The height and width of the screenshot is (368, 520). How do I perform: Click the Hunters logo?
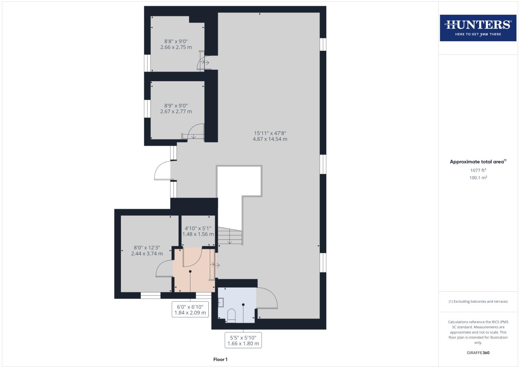pos(478,28)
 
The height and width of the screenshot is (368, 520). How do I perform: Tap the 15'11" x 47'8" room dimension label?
pos(270,136)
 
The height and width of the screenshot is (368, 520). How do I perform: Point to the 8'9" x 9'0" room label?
pos(176,108)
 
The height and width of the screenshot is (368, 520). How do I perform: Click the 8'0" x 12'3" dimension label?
pos(147,250)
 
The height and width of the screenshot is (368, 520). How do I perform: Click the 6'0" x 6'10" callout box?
pos(190,309)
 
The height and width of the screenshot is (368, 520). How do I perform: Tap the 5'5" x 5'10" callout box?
pos(243,340)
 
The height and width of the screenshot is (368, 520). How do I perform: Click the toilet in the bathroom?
pos(231,316)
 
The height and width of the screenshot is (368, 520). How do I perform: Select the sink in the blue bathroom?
pos(221,302)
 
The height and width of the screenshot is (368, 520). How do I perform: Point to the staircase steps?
pos(230,236)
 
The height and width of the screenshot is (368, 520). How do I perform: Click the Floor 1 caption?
pos(220,359)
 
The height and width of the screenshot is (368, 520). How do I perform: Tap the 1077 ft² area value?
pos(478,170)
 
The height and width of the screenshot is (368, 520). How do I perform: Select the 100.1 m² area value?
pos(478,178)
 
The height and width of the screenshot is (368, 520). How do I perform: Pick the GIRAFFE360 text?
pos(478,353)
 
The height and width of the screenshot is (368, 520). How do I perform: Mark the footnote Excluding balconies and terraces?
pos(478,302)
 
